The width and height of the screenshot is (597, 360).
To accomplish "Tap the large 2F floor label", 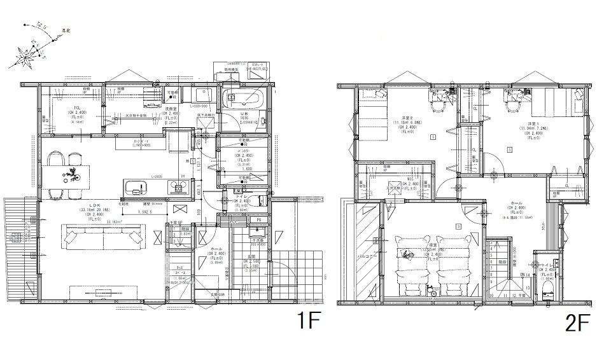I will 575,324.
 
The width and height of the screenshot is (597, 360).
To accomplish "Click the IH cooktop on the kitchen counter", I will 178,186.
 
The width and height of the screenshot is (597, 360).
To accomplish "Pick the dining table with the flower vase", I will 70,172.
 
